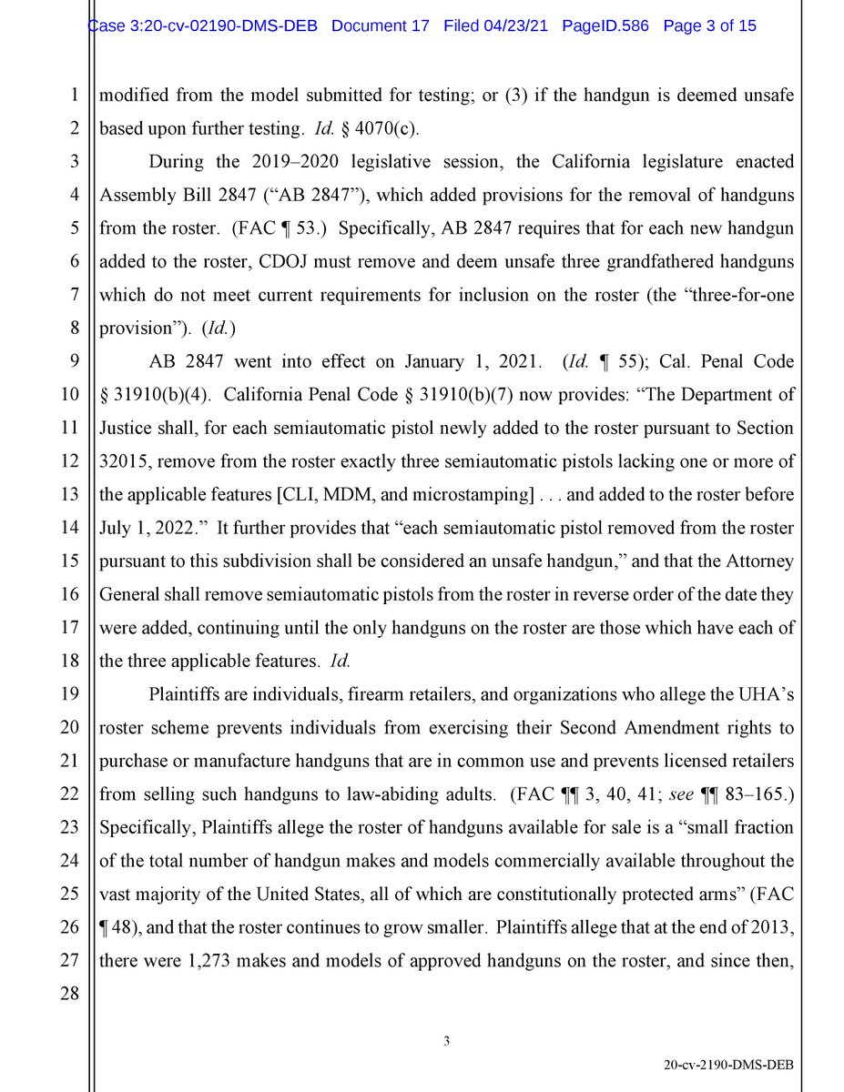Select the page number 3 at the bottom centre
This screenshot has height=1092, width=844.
click(447, 1042)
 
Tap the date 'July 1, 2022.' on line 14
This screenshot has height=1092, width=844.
click(143, 529)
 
